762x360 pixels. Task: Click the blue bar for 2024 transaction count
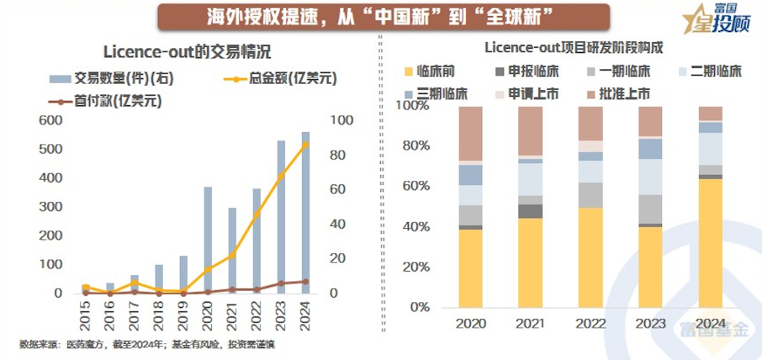pyautogui.click(x=306, y=212)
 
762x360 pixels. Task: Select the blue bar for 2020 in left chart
pyautogui.click(x=208, y=240)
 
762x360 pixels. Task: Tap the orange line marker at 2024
pyautogui.click(x=306, y=145)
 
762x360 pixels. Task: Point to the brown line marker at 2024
pyautogui.click(x=306, y=282)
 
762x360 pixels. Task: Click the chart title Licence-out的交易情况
pyautogui.click(x=187, y=52)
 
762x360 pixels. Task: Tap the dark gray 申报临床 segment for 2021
pyautogui.click(x=531, y=211)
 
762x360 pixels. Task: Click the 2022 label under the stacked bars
pyautogui.click(x=591, y=324)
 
